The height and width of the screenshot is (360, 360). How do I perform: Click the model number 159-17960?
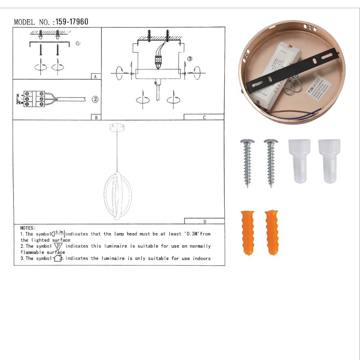pyautogui.click(x=72, y=22)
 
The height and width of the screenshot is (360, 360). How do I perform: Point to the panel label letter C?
pyautogui.click(x=204, y=117)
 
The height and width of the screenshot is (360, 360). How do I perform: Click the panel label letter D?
pyautogui.click(x=204, y=221)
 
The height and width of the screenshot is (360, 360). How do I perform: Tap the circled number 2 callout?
pyautogui.click(x=95, y=99)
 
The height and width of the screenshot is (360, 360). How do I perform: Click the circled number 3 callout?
pyautogui.click(x=190, y=59)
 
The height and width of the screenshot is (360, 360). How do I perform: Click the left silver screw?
pyautogui.click(x=247, y=162)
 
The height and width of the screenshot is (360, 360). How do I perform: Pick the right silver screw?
pyautogui.click(x=271, y=162)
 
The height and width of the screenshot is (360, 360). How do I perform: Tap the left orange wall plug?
pyautogui.click(x=247, y=232)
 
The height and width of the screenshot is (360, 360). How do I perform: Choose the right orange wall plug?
pyautogui.click(x=271, y=232)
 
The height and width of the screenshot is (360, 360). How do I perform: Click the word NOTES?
pyautogui.click(x=28, y=228)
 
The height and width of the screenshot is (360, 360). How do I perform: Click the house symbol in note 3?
pyautogui.click(x=58, y=258)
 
